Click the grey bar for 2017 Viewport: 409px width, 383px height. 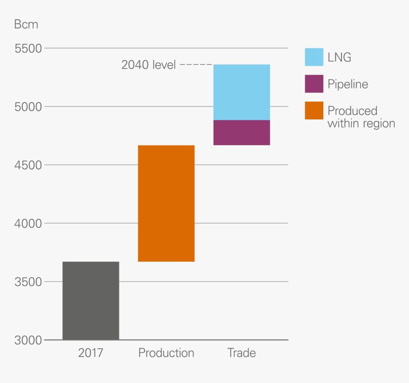pos(91,301)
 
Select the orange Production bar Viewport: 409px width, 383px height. pos(166,203)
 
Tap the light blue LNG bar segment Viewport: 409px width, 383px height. pos(242,92)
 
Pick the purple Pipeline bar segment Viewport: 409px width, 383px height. pos(242,132)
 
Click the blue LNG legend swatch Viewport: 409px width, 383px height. pos(314,57)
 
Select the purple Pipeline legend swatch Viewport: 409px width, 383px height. pos(314,84)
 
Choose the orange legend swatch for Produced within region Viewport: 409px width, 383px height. pos(314,110)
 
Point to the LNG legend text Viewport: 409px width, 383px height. pos(339,58)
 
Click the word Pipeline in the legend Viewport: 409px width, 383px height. pos(348,85)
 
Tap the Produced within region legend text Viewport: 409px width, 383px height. pos(361,117)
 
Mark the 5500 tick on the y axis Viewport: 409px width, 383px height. pos(29,49)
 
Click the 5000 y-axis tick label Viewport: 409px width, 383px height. pos(29,107)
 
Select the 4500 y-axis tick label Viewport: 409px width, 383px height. pos(29,165)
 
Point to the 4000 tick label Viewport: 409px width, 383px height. pos(29,223)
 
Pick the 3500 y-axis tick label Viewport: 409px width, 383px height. pos(29,282)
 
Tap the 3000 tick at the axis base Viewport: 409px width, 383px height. pos(29,340)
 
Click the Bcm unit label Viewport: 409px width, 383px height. pos(26,25)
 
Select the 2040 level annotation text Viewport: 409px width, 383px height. pos(148,65)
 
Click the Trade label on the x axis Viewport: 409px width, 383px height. pos(242,353)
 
